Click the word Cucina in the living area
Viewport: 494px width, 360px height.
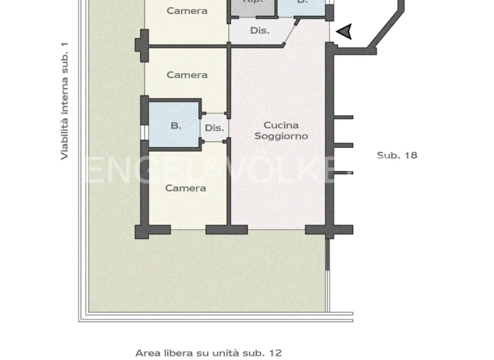(x=281, y=125)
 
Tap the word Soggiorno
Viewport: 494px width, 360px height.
(x=281, y=136)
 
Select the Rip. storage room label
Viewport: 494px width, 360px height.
(x=253, y=2)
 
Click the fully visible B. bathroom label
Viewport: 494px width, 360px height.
(x=176, y=126)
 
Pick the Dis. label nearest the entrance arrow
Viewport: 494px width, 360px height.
(x=260, y=31)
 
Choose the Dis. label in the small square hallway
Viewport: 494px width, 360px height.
(x=214, y=128)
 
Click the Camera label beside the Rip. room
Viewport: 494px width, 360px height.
(x=187, y=11)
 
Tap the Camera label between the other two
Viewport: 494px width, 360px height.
(x=187, y=75)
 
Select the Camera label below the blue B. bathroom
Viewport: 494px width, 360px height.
(x=185, y=188)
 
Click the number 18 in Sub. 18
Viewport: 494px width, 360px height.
(x=410, y=155)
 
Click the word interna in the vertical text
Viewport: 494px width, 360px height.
(x=64, y=97)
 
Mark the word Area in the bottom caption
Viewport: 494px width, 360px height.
(x=147, y=353)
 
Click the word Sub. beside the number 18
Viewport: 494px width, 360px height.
(x=387, y=155)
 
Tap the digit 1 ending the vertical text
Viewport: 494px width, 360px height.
(x=64, y=46)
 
